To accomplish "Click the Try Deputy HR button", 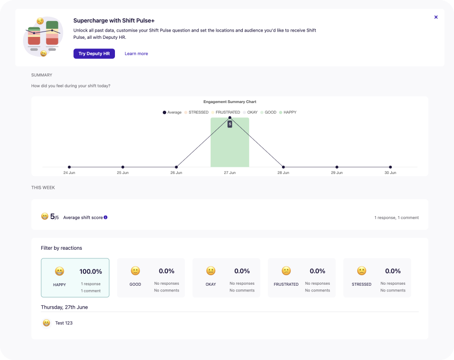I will [x=94, y=54].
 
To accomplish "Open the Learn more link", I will [x=136, y=54].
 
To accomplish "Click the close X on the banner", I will [x=436, y=17].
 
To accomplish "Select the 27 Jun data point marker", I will [x=230, y=117].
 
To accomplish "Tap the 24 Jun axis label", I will [x=69, y=173].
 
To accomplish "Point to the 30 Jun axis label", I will [x=390, y=173].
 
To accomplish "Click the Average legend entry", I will [x=172, y=112].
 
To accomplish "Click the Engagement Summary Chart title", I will [x=230, y=102].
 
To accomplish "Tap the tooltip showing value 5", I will [x=230, y=124].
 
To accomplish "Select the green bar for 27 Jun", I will [x=230, y=149].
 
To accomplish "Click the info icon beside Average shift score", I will [x=106, y=217].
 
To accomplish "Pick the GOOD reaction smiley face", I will [x=135, y=271].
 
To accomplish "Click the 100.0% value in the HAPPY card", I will [x=91, y=271].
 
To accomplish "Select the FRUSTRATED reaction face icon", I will [x=286, y=271].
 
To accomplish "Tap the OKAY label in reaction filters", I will [x=211, y=284].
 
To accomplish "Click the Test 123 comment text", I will [x=64, y=323].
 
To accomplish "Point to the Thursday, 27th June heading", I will [x=64, y=307].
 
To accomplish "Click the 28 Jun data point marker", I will [x=284, y=167].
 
